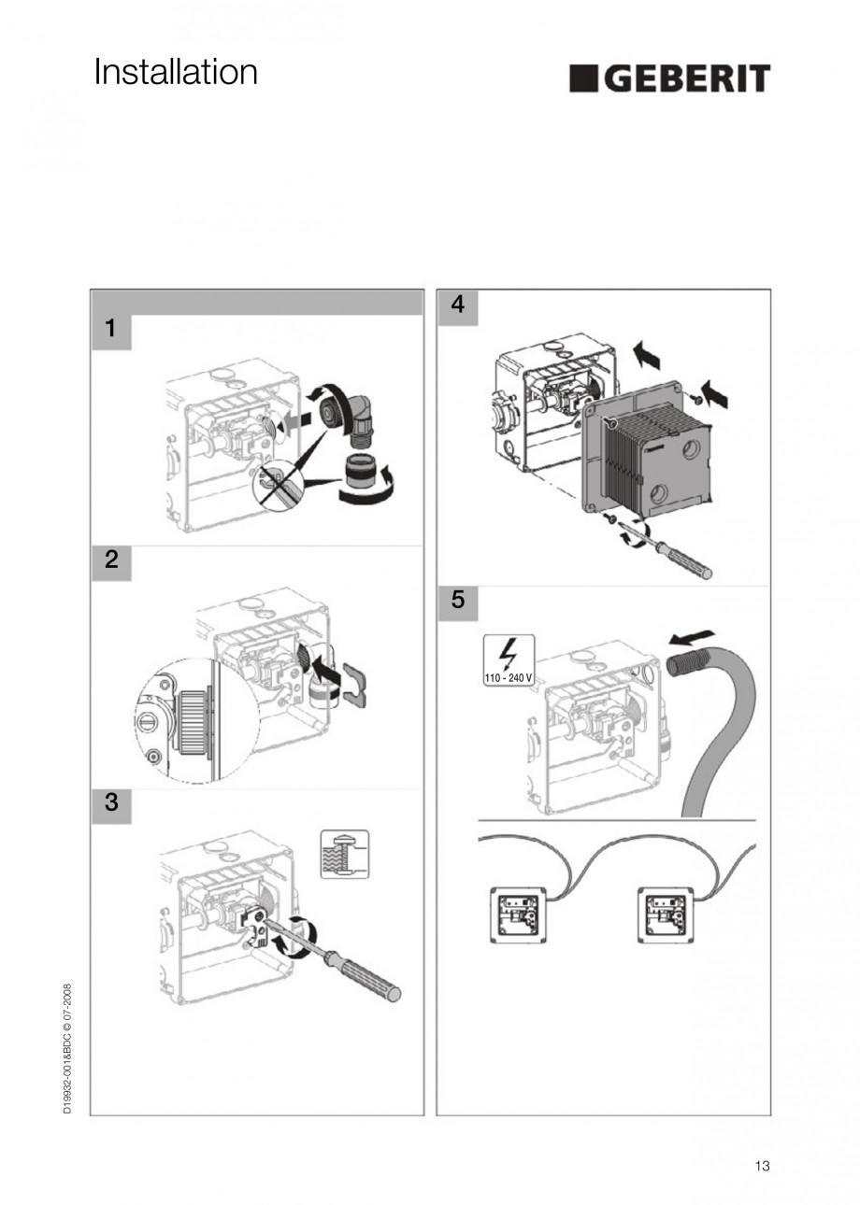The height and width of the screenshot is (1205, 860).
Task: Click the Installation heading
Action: coord(176,72)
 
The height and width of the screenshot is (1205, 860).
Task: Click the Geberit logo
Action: coord(669,78)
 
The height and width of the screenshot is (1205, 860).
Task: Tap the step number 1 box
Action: coord(111,329)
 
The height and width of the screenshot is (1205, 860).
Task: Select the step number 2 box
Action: coord(111,560)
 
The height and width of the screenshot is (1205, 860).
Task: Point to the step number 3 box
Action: coord(111,801)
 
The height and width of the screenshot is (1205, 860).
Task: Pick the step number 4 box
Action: coord(457,305)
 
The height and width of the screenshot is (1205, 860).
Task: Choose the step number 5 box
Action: coord(457,600)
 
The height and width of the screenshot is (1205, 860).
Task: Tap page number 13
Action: coord(762,1165)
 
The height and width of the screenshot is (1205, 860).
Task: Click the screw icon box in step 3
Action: coord(344,854)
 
